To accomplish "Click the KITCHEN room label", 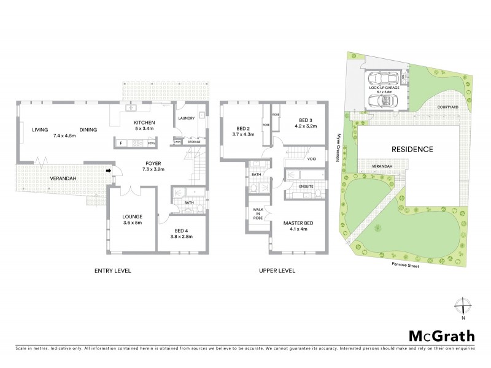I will click(x=144, y=123).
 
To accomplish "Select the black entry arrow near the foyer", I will click(x=110, y=171).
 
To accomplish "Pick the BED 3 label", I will click(x=306, y=120).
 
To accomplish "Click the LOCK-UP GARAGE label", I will click(x=384, y=88).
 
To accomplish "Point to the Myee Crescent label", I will click(x=338, y=147).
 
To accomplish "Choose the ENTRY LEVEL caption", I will click(x=112, y=270).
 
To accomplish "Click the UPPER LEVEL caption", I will click(x=278, y=270).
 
